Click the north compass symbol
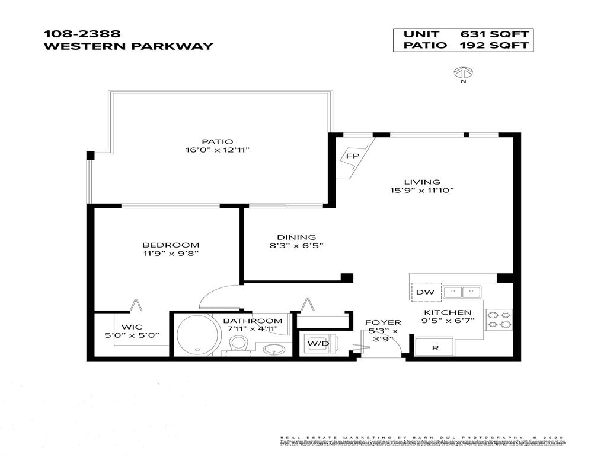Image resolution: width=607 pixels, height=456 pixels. point(462,73)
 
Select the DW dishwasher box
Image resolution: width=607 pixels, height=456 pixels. point(421,292)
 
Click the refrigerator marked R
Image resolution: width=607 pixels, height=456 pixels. point(435,347)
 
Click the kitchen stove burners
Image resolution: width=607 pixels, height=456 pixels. point(499,319)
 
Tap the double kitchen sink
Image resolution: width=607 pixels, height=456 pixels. point(462,292)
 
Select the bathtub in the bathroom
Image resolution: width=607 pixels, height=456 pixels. point(197,335)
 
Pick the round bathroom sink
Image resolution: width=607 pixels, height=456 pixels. point(273,349)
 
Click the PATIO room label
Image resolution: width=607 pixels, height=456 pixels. point(213,141)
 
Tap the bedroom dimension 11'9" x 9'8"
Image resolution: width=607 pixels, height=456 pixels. point(171,254)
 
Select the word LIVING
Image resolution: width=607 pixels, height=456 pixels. point(422,182)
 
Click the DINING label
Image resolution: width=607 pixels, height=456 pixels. point(297,236)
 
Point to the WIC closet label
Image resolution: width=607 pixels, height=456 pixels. point(132,327)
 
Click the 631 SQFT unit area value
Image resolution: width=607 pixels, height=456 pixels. point(493,34)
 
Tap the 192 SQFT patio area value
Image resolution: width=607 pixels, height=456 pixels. point(493,46)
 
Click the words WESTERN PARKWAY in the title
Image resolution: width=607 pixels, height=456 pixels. point(128,46)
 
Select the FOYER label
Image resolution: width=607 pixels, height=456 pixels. point(382,322)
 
